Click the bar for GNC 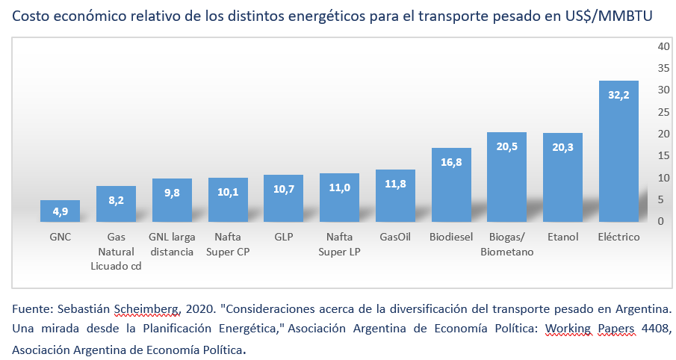pos(59,211)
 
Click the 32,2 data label pos(618,96)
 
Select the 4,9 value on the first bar pos(59,212)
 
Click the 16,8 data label pos(450,163)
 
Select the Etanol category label pos(562,238)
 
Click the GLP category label pos(283,238)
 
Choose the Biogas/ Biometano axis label pos(506,244)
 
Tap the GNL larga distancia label pos(171,244)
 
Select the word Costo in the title pos(31,16)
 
